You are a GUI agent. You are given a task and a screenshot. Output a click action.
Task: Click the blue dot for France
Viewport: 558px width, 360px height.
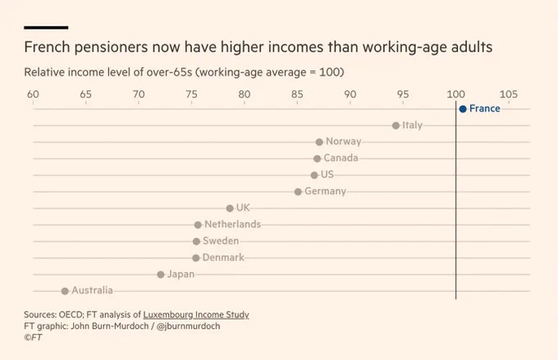pos(463,109)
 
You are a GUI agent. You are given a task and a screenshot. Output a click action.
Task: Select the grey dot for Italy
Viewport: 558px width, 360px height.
pos(396,125)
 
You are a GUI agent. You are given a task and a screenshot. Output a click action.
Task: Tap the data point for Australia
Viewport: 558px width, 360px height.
pos(64,291)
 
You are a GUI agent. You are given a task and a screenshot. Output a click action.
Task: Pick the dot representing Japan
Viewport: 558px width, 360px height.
pos(161,275)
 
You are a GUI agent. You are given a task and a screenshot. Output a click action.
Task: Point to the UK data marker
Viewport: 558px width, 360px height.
pos(230,208)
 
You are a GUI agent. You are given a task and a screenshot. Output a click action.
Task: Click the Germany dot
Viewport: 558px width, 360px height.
pos(298,192)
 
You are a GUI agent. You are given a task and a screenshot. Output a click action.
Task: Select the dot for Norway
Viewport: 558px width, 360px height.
pos(319,142)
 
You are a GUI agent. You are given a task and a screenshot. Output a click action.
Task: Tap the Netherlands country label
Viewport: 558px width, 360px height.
pos(233,225)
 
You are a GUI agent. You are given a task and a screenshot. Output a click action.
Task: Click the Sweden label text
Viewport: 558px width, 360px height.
pos(221,241)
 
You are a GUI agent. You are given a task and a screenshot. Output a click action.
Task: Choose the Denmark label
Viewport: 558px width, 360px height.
pos(223,257)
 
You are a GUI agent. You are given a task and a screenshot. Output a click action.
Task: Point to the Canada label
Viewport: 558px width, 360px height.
pos(341,158)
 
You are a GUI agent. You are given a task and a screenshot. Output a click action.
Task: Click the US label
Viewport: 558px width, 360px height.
pos(327,175)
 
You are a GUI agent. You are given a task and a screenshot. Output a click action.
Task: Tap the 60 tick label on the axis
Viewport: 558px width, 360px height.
pos(33,94)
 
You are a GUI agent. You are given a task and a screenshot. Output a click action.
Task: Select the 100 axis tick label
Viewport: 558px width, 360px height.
pos(456,94)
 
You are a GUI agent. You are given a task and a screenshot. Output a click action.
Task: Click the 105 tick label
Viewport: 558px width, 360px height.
pos(509,94)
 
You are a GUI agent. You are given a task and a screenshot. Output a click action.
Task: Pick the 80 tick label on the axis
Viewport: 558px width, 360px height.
pos(245,94)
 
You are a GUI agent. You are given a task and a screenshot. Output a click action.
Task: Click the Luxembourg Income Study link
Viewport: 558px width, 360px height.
pos(196,315)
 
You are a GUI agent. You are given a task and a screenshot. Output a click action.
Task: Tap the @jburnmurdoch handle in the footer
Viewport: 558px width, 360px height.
pos(188,326)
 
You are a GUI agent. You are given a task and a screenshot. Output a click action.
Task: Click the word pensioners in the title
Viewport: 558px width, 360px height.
pos(111,48)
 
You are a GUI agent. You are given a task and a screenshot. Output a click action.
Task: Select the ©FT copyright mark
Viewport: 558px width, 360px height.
pos(33,337)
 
